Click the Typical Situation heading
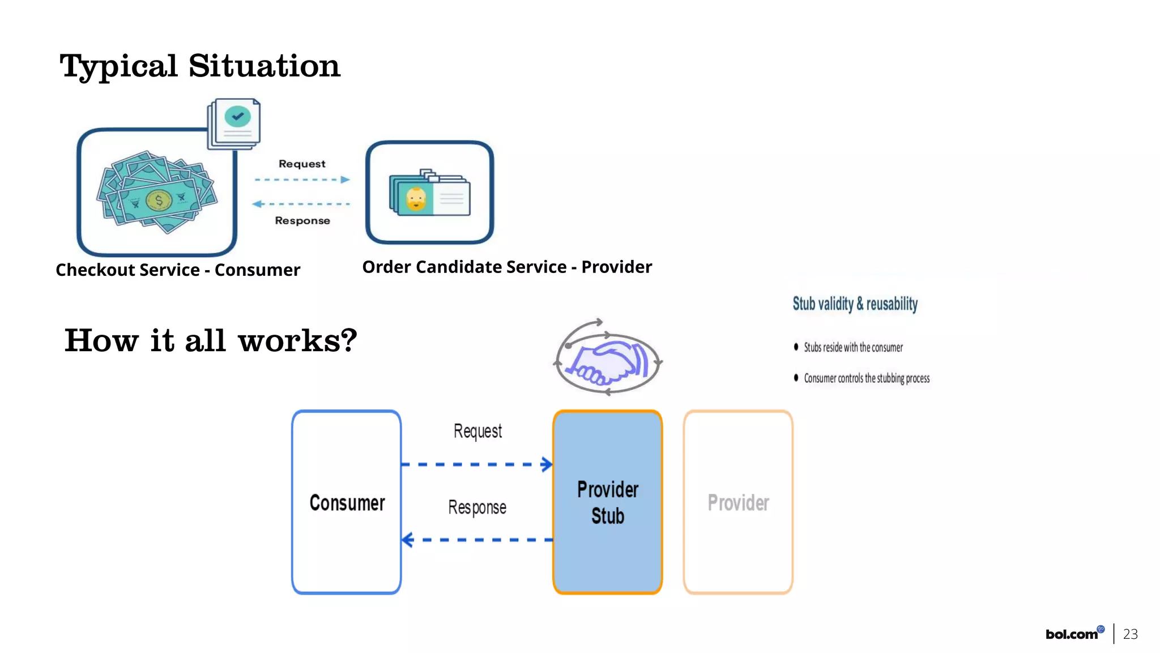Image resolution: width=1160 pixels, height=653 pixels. pos(199,66)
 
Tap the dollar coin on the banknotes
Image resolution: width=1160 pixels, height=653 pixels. pos(159,200)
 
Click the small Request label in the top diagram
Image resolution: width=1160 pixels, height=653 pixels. pos(302,164)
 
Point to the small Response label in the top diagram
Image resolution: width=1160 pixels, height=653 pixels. pos(302,220)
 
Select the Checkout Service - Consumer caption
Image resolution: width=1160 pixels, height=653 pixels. pos(178,270)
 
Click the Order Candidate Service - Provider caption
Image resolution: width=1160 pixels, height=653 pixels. pos(507,267)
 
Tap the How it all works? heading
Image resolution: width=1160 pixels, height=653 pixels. pos(211,340)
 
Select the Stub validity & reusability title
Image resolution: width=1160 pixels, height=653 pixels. pos(855,304)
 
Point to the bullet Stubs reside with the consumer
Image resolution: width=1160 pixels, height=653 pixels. pos(853,347)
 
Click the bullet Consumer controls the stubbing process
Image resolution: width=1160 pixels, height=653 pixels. pos(867,378)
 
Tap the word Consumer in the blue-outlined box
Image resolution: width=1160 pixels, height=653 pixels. pos(347,503)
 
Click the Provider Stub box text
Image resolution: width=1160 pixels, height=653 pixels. pos(608,502)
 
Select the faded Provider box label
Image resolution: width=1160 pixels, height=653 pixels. pos(738,503)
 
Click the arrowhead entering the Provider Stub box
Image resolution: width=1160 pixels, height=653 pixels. pos(547,464)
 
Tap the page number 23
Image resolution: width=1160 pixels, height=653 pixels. pos(1130,634)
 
